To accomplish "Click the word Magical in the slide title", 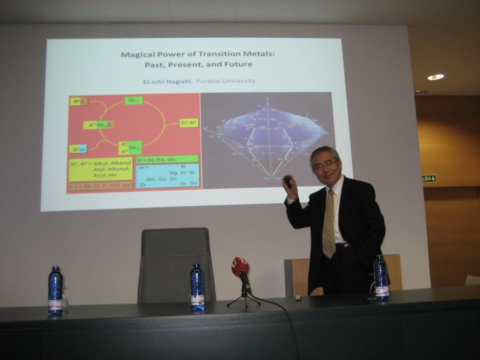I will click(138, 54).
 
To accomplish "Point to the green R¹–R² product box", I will click(189, 123).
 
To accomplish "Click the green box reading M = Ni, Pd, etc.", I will click(167, 159).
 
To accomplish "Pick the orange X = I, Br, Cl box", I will click(100, 186).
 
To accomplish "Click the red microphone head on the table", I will click(240, 266).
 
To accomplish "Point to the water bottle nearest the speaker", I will click(381, 278).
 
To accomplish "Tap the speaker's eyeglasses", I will click(325, 165).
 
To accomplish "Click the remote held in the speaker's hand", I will click(288, 181).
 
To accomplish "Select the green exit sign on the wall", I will click(429, 178).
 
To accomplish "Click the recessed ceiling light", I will click(435, 77).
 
